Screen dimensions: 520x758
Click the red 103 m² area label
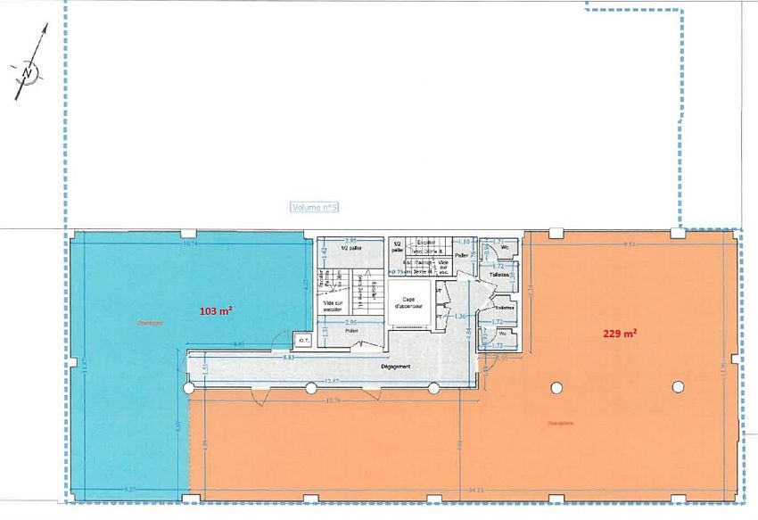coord(215,311)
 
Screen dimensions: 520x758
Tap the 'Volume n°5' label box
coord(315,207)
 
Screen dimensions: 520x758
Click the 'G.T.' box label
coord(302,339)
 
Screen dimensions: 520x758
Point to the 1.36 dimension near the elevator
coord(460,317)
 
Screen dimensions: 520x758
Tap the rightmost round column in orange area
coord(678,387)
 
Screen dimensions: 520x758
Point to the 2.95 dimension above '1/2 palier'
coord(350,242)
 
